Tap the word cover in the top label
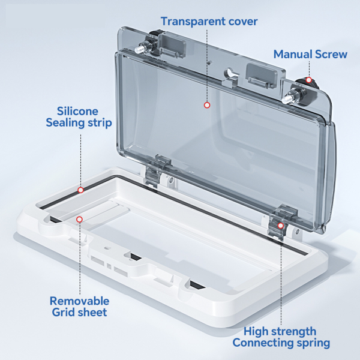click(243, 22)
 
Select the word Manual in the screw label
click(293, 54)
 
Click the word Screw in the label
click(331, 54)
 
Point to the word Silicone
click(77, 111)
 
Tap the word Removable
click(79, 301)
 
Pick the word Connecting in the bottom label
click(263, 343)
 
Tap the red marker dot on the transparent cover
click(207, 105)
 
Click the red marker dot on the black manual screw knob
click(309, 80)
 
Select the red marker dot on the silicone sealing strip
click(80, 190)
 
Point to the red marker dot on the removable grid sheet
click(79, 220)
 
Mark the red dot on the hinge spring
click(281, 226)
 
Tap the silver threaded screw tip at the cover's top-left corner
click(139, 50)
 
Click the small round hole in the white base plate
click(107, 248)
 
